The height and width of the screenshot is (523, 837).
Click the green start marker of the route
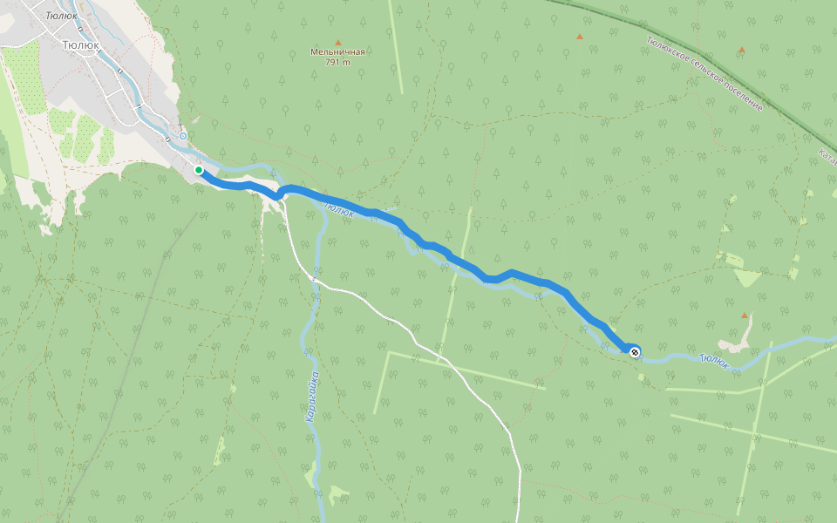199,170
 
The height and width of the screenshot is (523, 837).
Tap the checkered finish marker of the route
635,351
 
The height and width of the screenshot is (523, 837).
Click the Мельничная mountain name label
337,51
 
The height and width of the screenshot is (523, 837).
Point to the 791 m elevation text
337,62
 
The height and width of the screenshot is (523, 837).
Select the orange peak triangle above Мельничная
338,42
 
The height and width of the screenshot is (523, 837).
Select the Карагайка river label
312,397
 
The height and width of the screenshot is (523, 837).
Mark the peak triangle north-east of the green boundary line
742,50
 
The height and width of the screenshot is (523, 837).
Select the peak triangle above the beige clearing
744,315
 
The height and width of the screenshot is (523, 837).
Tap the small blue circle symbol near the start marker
182,136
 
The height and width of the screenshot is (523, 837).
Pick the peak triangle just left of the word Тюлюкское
579,37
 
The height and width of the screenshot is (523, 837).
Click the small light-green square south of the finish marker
642,377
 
